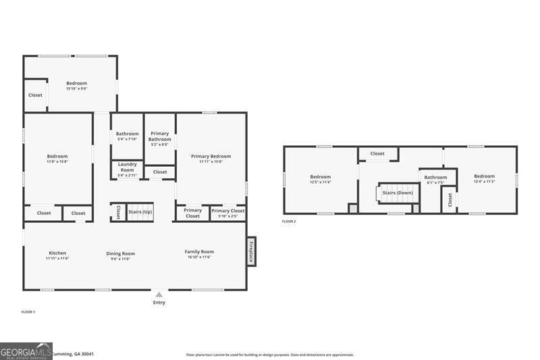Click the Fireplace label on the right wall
coord(251,251)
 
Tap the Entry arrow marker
coord(159,294)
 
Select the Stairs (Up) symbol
coord(140,212)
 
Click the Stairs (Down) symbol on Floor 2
coord(397,192)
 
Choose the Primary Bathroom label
coord(160,136)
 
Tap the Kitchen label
coord(57,255)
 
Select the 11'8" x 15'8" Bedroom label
coord(57,159)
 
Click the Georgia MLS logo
coord(26,351)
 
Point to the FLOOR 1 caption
coord(28,311)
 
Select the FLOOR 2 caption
coord(289,221)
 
